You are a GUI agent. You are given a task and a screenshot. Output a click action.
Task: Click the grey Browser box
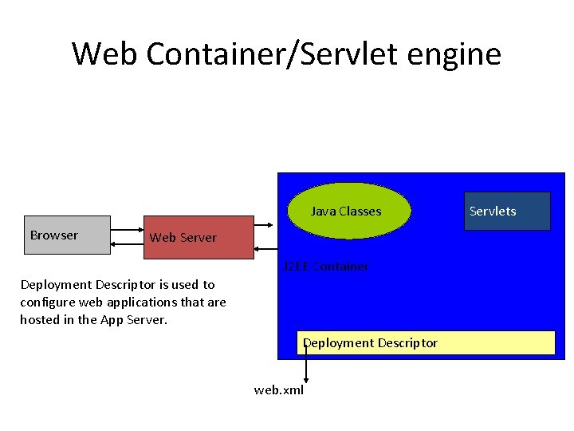click(x=67, y=235)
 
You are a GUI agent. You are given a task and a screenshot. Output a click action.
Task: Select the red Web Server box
click(x=199, y=237)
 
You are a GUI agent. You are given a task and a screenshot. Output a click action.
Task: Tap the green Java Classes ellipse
click(x=349, y=212)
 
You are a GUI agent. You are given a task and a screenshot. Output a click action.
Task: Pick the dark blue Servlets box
click(x=507, y=212)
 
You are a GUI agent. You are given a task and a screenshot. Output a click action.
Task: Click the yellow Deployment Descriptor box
click(x=426, y=343)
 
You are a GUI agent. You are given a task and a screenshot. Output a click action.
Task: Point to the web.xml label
click(x=278, y=390)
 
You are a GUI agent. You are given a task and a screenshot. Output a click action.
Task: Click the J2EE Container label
click(x=326, y=267)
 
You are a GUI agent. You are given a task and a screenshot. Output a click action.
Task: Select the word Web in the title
click(x=105, y=54)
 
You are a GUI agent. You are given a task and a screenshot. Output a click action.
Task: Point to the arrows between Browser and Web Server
click(x=126, y=237)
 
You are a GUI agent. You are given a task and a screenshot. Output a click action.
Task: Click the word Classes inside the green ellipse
click(x=360, y=212)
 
